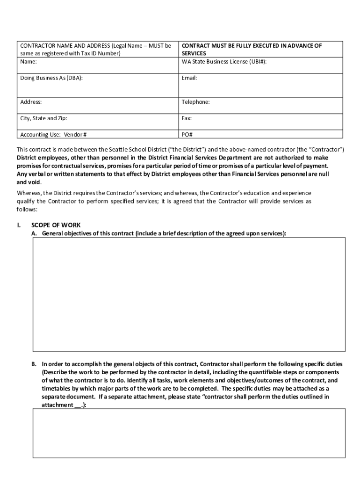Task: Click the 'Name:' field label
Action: pos(29,62)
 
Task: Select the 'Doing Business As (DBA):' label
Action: pos(51,78)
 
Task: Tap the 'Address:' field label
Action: pos(31,102)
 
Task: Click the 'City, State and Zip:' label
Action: pos(47,118)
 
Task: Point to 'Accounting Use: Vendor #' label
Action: pos(53,135)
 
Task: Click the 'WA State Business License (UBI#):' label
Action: pos(224,62)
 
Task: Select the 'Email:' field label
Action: pos(189,78)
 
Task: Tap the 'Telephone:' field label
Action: pos(195,102)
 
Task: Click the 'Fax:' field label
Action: pos(187,118)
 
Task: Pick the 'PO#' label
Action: pos(187,135)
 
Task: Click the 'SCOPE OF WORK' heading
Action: pos(56,225)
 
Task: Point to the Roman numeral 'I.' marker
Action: pos(19,225)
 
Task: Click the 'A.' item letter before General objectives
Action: pos(34,233)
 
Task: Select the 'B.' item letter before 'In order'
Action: pos(34,364)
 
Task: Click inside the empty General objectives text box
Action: pos(189,294)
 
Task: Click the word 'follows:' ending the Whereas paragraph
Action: pos(27,210)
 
